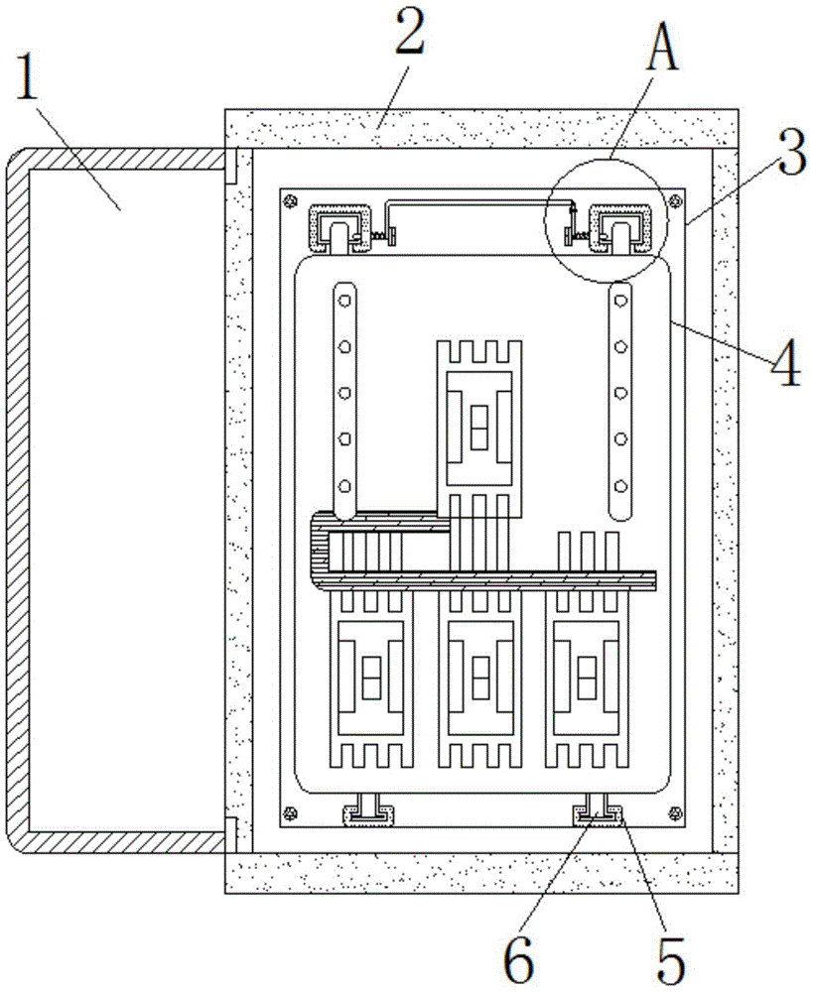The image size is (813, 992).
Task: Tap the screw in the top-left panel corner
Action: click(x=291, y=201)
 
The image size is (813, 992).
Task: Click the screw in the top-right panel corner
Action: click(x=674, y=201)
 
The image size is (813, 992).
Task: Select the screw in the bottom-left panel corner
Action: click(x=291, y=812)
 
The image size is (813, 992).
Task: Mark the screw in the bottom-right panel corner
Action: click(x=674, y=812)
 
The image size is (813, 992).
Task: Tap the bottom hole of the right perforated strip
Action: click(x=620, y=486)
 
